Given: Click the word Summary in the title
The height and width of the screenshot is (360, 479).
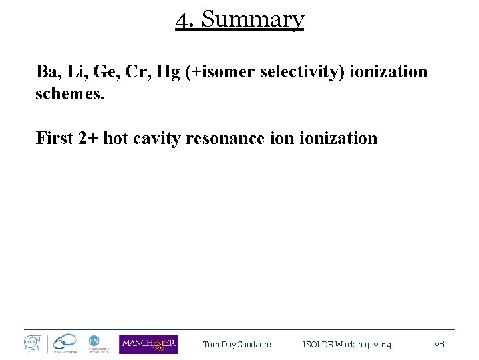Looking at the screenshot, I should coord(252,20).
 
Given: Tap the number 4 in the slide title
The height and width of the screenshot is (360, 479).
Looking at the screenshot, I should coord(182,20).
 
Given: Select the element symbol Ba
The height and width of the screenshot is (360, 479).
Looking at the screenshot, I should coord(47,72).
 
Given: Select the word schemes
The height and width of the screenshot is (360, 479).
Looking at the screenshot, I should coord(69,93).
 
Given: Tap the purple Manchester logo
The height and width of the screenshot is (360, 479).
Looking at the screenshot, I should coord(148,344).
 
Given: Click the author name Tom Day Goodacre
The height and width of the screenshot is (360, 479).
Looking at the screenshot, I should coord(237,345).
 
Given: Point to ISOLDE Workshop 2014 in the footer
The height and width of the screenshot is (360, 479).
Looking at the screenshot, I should coord(347,345).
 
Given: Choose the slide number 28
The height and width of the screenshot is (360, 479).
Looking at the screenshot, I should coord(439,345).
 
